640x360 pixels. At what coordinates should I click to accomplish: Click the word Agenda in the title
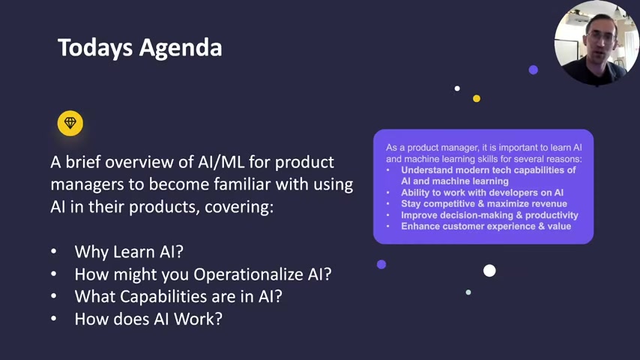181,49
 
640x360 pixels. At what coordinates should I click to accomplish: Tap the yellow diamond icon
70,123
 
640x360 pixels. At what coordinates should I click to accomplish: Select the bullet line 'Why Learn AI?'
129,252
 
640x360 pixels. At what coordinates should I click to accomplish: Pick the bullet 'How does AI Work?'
148,319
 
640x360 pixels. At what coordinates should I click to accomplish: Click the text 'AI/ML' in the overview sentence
221,162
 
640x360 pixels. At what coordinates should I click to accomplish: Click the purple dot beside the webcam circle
533,70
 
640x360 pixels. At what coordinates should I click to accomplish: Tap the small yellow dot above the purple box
477,98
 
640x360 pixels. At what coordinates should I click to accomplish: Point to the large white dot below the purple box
489,271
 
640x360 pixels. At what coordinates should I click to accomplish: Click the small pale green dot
468,292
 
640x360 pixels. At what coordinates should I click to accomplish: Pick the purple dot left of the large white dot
381,265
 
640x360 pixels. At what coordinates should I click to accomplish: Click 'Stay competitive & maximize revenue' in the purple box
484,204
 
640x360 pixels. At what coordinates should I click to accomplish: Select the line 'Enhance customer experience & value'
486,226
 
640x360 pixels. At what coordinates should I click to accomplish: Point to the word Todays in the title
95,47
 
